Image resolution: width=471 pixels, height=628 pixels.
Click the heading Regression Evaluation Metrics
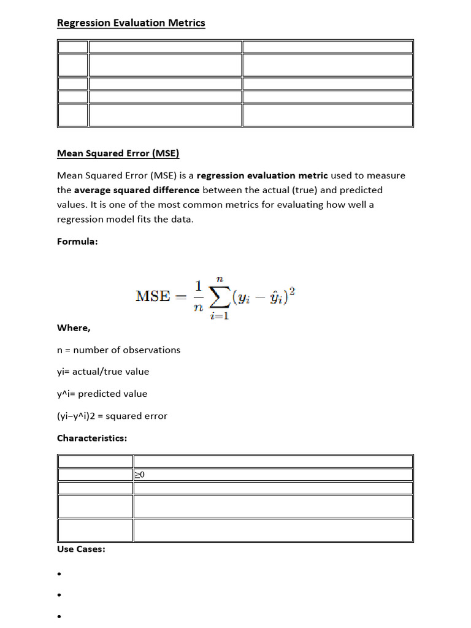[x=131, y=23]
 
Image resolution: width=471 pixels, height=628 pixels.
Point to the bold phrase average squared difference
[x=137, y=190]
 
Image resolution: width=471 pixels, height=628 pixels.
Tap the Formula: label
[x=77, y=242]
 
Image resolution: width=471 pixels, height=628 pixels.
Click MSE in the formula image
[x=152, y=296]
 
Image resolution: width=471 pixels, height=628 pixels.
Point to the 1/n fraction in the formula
[x=197, y=296]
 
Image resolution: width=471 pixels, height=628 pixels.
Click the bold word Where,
[x=74, y=327]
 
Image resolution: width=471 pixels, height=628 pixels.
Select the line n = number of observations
[x=118, y=350]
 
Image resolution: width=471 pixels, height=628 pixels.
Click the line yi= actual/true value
[x=102, y=372]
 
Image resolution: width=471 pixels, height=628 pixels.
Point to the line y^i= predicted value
[x=102, y=394]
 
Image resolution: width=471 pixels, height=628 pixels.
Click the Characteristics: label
[x=92, y=438]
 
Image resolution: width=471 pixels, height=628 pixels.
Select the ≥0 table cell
[x=140, y=475]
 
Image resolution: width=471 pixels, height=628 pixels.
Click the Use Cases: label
[x=81, y=549]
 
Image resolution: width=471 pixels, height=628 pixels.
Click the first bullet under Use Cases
[x=59, y=575]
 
